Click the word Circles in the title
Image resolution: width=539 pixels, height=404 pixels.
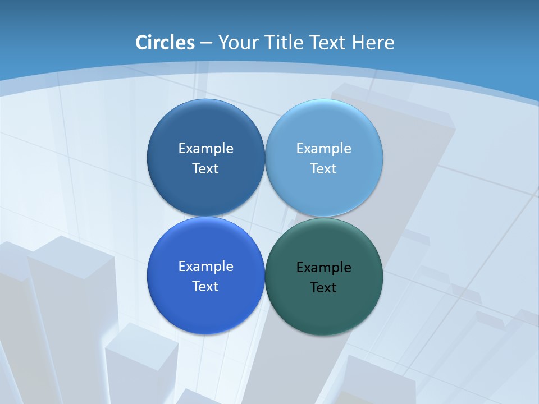point(165,43)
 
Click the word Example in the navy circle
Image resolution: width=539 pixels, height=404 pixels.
point(205,149)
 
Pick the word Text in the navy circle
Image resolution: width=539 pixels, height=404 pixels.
point(205,169)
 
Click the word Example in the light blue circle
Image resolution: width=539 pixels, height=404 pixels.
point(323,149)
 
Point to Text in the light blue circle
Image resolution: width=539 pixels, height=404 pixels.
point(323,169)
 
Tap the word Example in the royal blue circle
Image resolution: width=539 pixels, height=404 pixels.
point(205,267)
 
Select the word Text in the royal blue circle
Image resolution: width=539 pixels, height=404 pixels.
point(205,287)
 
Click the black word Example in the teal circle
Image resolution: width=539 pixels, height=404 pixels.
point(323,268)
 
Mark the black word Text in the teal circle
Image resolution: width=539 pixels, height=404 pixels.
point(323,288)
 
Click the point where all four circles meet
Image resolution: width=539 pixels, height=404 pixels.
point(265,217)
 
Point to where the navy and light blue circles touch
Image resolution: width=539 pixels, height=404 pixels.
point(265,158)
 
